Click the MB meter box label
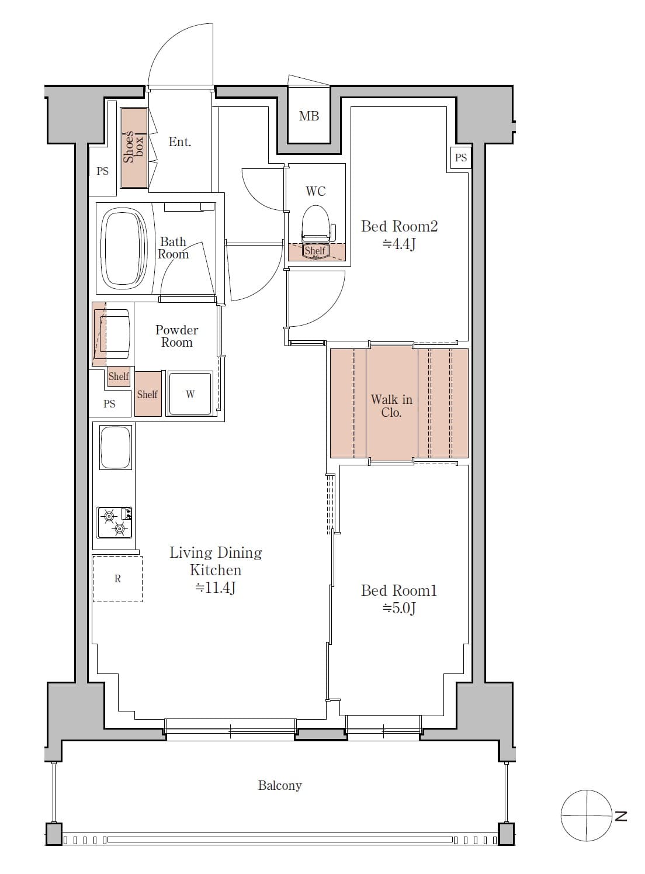[x=309, y=116]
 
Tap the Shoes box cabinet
[x=134, y=147]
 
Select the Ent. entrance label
[x=179, y=142]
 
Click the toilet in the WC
[x=315, y=222]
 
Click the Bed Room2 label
[x=399, y=226]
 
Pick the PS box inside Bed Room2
[x=460, y=157]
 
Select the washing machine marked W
[x=190, y=394]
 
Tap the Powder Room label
[x=176, y=336]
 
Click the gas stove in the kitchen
[x=115, y=522]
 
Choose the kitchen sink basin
[x=116, y=447]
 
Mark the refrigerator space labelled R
[x=117, y=579]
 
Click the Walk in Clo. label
[x=391, y=406]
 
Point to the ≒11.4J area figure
[x=216, y=588]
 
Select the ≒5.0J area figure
[x=399, y=609]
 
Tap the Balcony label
[x=280, y=785]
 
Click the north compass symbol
[x=585, y=815]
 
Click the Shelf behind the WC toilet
[x=315, y=251]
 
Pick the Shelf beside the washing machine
[x=147, y=395]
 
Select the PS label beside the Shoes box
[x=103, y=171]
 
